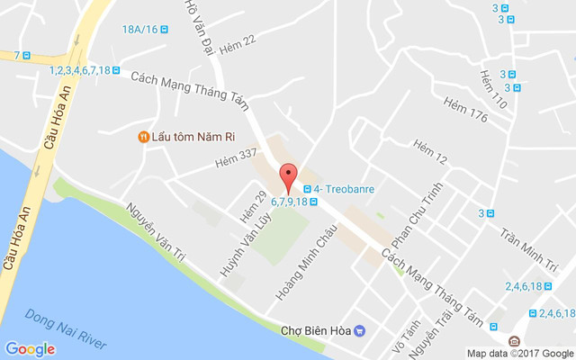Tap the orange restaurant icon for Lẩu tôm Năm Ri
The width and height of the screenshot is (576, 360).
pos(142,137)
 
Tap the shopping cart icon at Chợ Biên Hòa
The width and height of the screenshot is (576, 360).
pos(359,330)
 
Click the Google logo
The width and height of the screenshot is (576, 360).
pos(30,349)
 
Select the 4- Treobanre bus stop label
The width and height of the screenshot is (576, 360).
pos(345,189)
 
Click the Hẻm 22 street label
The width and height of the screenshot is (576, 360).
pos(238,40)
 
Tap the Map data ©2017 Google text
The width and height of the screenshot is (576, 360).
pos(519,353)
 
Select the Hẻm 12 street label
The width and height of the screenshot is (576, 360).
pos(429,153)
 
